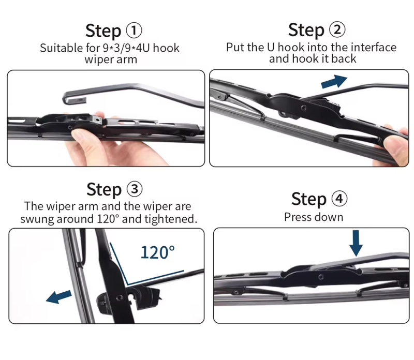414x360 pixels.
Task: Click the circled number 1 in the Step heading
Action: [x=134, y=31]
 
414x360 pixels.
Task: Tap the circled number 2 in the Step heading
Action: [x=337, y=29]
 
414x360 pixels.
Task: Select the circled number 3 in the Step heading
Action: [x=135, y=189]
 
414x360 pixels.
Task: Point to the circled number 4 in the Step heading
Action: [x=339, y=199]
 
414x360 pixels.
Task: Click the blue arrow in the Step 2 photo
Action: [x=334, y=81]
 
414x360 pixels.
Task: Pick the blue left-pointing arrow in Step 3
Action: [x=58, y=297]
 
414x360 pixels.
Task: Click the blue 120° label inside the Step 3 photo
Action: [x=158, y=252]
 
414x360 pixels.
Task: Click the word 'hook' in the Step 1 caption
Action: [x=166, y=48]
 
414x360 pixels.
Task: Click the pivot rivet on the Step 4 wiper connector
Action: [x=321, y=277]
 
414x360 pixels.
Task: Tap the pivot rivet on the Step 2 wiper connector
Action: [x=304, y=108]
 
